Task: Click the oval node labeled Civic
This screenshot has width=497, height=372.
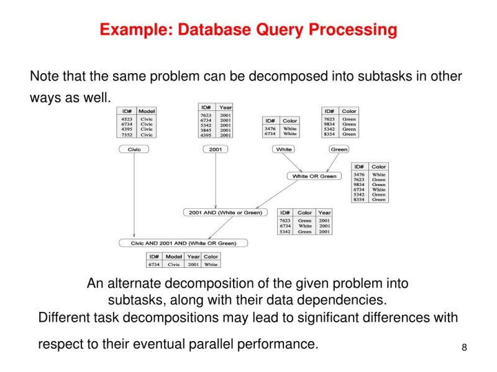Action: [x=134, y=149]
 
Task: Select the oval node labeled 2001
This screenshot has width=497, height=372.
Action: [x=216, y=149]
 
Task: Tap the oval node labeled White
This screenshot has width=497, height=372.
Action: [x=284, y=149]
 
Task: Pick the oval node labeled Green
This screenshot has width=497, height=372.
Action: [x=339, y=149]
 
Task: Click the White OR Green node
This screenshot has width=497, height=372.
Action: [x=314, y=176]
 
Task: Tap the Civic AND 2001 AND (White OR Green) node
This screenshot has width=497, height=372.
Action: [x=183, y=243]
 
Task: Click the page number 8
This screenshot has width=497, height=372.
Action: [x=463, y=347]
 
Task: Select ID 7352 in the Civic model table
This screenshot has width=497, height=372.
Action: [x=127, y=135]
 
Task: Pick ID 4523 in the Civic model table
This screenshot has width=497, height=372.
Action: [x=127, y=118]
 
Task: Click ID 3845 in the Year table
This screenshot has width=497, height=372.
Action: [x=206, y=130]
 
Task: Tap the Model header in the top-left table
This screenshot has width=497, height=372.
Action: [x=147, y=110]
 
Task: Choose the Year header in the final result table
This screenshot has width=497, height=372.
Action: [x=194, y=256]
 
